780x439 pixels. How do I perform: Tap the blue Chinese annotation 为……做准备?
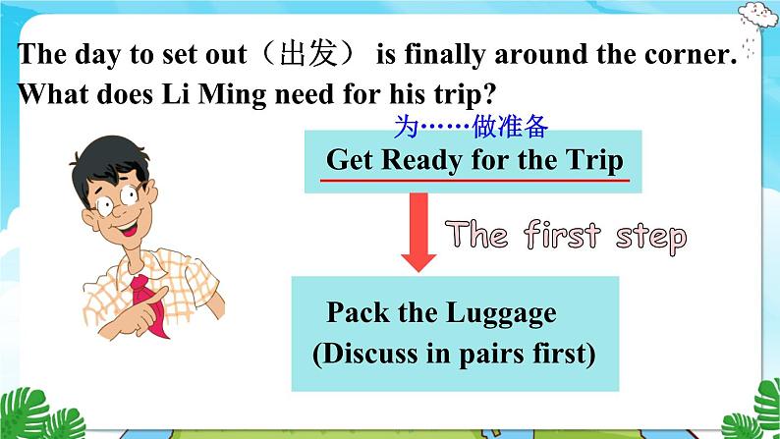tap(469, 127)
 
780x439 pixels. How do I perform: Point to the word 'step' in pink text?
tap(652, 237)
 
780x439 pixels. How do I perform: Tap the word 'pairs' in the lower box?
tap(504, 354)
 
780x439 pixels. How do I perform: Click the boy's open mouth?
tap(131, 229)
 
